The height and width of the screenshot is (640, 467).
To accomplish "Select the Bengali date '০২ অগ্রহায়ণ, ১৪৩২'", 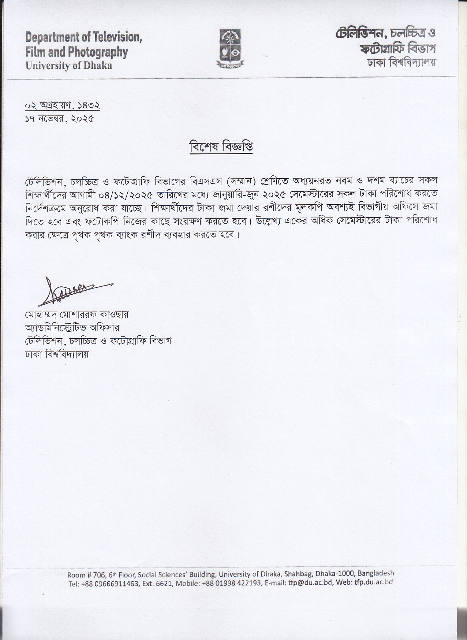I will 63,105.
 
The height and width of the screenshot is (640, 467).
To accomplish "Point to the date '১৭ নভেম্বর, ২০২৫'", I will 59,119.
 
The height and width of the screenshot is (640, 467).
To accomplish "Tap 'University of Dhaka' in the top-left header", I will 68,66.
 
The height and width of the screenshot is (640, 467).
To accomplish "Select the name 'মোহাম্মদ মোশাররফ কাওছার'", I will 77,315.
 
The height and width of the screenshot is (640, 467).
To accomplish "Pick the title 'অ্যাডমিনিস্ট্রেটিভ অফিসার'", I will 72,328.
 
